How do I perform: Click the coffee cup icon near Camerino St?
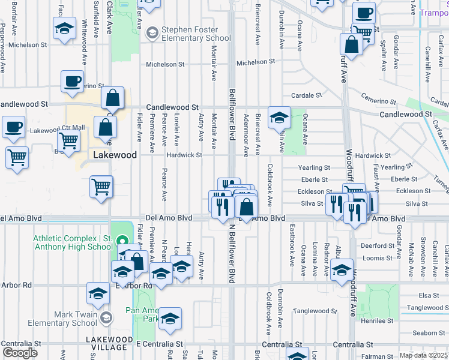[x=72, y=82]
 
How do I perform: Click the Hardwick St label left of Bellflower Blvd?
[x=184, y=155]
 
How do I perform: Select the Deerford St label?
[x=376, y=245]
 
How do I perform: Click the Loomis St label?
[x=378, y=257]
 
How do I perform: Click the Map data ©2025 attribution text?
[x=423, y=355]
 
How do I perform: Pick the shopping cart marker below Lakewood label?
[x=101, y=186]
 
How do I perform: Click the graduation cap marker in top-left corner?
[x=64, y=28]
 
